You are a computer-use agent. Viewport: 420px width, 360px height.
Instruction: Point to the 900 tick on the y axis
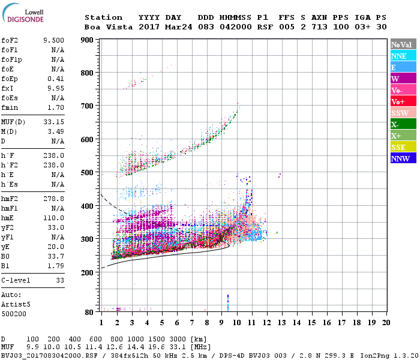click(86, 40)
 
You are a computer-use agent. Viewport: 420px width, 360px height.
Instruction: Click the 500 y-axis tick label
click(86, 173)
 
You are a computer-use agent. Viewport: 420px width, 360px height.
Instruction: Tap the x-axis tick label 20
click(385, 323)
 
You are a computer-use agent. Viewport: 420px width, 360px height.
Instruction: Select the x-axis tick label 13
click(280, 323)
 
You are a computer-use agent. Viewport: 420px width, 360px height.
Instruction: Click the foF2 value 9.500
click(53, 40)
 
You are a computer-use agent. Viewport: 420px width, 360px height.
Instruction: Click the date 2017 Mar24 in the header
click(165, 27)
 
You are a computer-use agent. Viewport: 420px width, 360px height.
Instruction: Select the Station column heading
click(103, 17)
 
